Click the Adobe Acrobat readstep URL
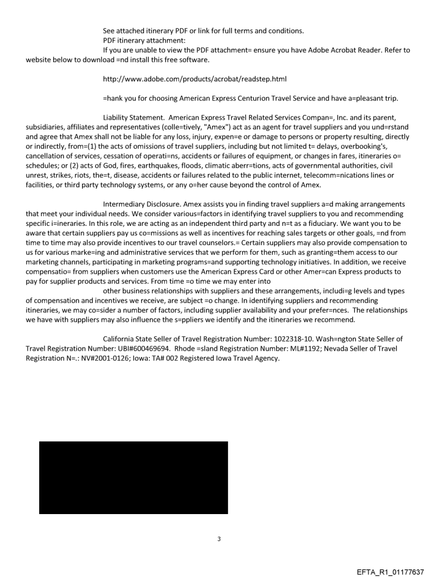(x=194, y=80)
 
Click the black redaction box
(x=133, y=478)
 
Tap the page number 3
(x=218, y=539)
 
